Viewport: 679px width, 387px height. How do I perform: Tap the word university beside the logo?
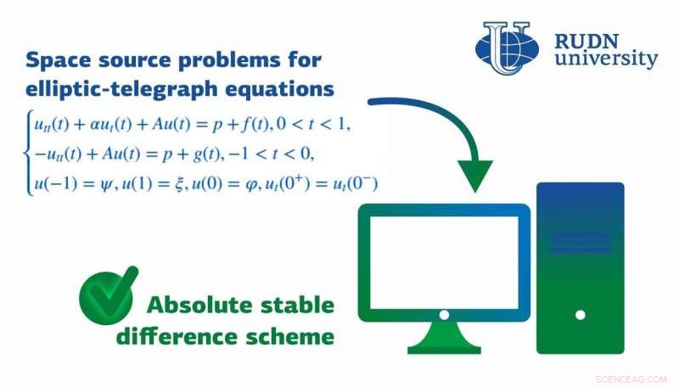pos(604,59)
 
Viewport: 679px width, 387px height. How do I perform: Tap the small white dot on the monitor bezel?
pos(443,314)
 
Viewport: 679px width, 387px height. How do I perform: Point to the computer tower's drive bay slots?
pos(581,243)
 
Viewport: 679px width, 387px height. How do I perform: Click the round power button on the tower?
pos(581,315)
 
